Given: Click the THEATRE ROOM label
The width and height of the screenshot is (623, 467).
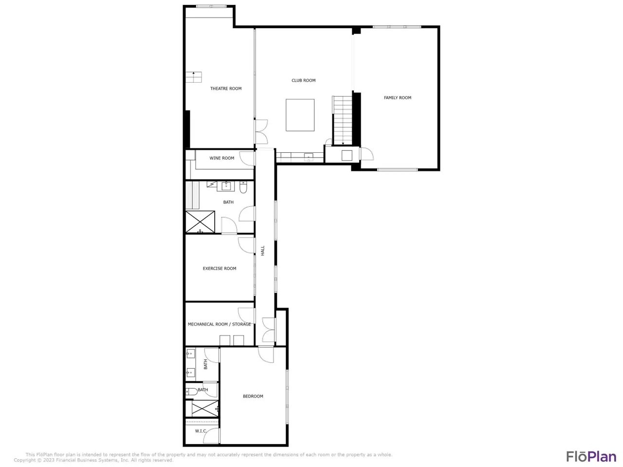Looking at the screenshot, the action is tap(226, 89).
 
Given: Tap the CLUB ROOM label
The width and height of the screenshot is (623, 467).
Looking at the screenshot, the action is tap(303, 80).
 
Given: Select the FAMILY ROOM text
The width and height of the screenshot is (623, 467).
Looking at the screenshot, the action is tap(397, 98).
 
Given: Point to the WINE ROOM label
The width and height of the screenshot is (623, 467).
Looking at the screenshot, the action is tap(221, 158).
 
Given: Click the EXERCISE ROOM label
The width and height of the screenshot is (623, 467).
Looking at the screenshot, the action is tap(220, 268).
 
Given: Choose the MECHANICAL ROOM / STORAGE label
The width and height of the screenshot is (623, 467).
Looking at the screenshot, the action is tap(220, 324).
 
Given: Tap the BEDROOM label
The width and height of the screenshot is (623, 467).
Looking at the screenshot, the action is tap(253, 396).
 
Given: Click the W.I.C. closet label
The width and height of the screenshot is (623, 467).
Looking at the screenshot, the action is tap(201, 431).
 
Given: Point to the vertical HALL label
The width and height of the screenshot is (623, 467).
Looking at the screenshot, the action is tap(262, 251).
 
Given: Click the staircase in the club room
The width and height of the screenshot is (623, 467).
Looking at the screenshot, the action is tap(342, 121).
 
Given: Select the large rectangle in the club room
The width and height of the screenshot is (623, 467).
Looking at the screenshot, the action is tap(300, 115).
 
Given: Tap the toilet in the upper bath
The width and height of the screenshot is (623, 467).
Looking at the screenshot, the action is tap(243, 187).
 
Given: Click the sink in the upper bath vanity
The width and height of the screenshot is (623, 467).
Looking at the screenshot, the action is tap(226, 186).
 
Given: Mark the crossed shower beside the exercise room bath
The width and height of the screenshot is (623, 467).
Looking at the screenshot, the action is tap(200, 222).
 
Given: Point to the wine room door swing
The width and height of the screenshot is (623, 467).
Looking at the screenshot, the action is tap(247, 159).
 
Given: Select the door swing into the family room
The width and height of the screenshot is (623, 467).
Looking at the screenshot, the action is tap(367, 154).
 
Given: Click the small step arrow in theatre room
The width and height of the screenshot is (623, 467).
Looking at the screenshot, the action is tap(194, 74).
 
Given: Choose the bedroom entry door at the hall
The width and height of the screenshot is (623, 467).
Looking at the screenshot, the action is tap(266, 354).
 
